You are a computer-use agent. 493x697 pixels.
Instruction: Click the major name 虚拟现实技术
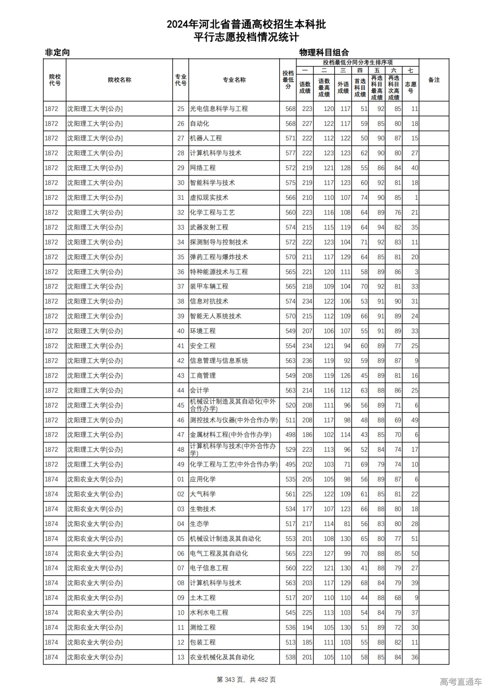point(209,198)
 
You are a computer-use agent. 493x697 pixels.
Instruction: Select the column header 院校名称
point(119,80)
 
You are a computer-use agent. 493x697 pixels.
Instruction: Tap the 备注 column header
point(434,80)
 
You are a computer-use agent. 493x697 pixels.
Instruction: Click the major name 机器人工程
point(206,138)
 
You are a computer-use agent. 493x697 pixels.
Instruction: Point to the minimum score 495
point(290,464)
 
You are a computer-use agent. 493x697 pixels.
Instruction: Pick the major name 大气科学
point(203,494)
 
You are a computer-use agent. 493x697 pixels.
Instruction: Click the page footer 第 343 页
point(230,680)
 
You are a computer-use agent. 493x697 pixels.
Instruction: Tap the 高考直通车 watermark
point(461,682)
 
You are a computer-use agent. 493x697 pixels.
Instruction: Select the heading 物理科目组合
point(324,52)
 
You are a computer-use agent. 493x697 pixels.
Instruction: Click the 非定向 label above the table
point(57,52)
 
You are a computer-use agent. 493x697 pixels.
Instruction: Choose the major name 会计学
point(200,390)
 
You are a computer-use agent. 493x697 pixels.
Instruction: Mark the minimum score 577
point(290,153)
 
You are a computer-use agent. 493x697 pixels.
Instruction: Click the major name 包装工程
point(203,642)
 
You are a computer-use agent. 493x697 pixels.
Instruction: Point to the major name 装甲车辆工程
point(209,287)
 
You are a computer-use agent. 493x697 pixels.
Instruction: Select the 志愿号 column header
point(411,87)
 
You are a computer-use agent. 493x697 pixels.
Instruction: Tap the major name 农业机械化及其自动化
point(222,657)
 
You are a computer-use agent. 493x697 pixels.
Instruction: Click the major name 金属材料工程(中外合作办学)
point(230,435)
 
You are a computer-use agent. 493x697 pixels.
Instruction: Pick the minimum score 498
point(290,435)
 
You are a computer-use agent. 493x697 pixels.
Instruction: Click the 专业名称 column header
point(234,80)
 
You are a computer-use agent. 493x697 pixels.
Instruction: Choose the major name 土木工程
point(203,598)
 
